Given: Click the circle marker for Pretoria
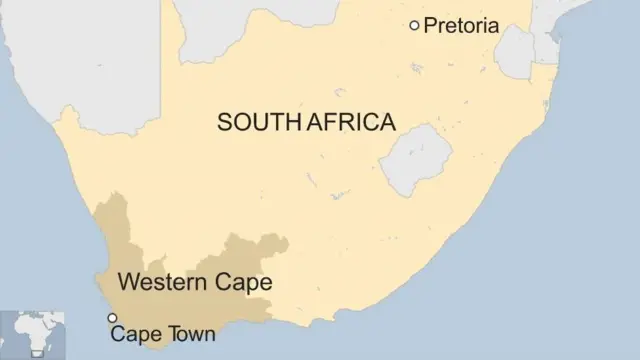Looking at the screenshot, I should coord(414,25).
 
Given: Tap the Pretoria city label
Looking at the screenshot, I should coord(461,26).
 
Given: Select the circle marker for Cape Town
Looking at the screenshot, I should coord(112,318).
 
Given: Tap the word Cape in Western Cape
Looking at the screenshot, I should coord(240,283).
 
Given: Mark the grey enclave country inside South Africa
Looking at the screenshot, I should coord(415,160).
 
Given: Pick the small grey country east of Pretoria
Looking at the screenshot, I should coord(516,52).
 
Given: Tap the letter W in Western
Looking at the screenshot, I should coord(128,283).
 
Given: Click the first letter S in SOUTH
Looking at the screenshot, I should coord(224,122).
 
